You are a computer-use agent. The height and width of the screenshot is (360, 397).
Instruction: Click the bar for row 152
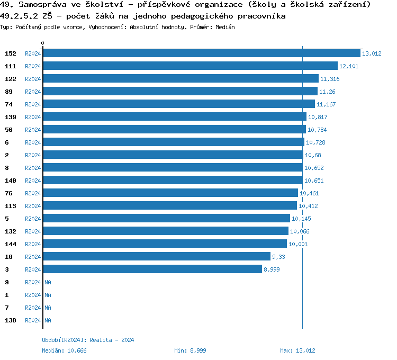click(x=201, y=53)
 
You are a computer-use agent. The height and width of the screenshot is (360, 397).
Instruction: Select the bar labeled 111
click(x=190, y=66)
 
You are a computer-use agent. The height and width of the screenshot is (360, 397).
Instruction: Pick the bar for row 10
click(x=156, y=257)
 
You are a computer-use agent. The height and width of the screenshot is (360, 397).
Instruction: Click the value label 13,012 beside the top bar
click(x=372, y=53)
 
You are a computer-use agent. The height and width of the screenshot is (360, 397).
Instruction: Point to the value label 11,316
click(x=330, y=79)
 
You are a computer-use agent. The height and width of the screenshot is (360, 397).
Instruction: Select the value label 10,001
click(x=297, y=244)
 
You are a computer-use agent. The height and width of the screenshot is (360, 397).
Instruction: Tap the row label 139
click(x=11, y=117)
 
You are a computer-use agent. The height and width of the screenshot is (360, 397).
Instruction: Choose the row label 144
click(x=11, y=244)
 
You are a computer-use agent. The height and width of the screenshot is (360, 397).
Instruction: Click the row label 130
click(x=11, y=320)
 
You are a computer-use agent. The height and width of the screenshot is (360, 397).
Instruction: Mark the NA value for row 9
click(x=48, y=282)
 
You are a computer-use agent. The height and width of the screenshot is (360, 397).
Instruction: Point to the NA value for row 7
click(x=48, y=308)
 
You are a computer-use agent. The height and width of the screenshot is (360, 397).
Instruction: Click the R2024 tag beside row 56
click(x=33, y=130)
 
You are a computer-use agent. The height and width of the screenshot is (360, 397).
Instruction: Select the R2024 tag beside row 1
click(x=33, y=295)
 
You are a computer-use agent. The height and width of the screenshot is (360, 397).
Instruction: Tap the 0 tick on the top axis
click(x=43, y=43)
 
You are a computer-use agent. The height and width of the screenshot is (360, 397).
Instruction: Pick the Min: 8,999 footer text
click(x=190, y=350)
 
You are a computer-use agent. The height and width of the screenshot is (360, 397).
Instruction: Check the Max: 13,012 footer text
click(x=297, y=350)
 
